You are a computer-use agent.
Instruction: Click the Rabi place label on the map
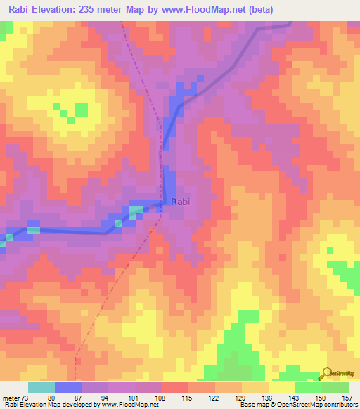181,202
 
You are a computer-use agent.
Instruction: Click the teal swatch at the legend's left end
41,387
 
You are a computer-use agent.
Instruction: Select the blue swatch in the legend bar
67,387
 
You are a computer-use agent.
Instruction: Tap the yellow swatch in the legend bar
281,387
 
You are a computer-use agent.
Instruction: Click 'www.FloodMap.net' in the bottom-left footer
126,405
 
